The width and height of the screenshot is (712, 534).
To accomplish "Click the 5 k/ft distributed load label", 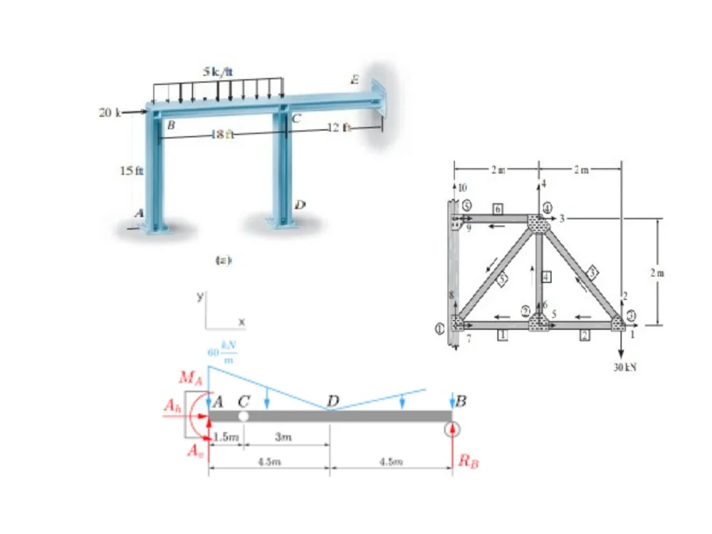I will (219, 70).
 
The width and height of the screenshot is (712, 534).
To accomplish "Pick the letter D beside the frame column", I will (300, 204).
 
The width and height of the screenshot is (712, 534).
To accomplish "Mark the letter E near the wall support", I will (354, 80).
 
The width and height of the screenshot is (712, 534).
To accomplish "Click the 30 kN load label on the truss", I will (621, 367).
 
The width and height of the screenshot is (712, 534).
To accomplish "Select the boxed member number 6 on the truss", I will (498, 206).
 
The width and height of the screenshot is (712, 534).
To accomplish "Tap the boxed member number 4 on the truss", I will (547, 276).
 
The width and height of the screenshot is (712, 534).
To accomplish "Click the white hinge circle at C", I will (244, 415).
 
